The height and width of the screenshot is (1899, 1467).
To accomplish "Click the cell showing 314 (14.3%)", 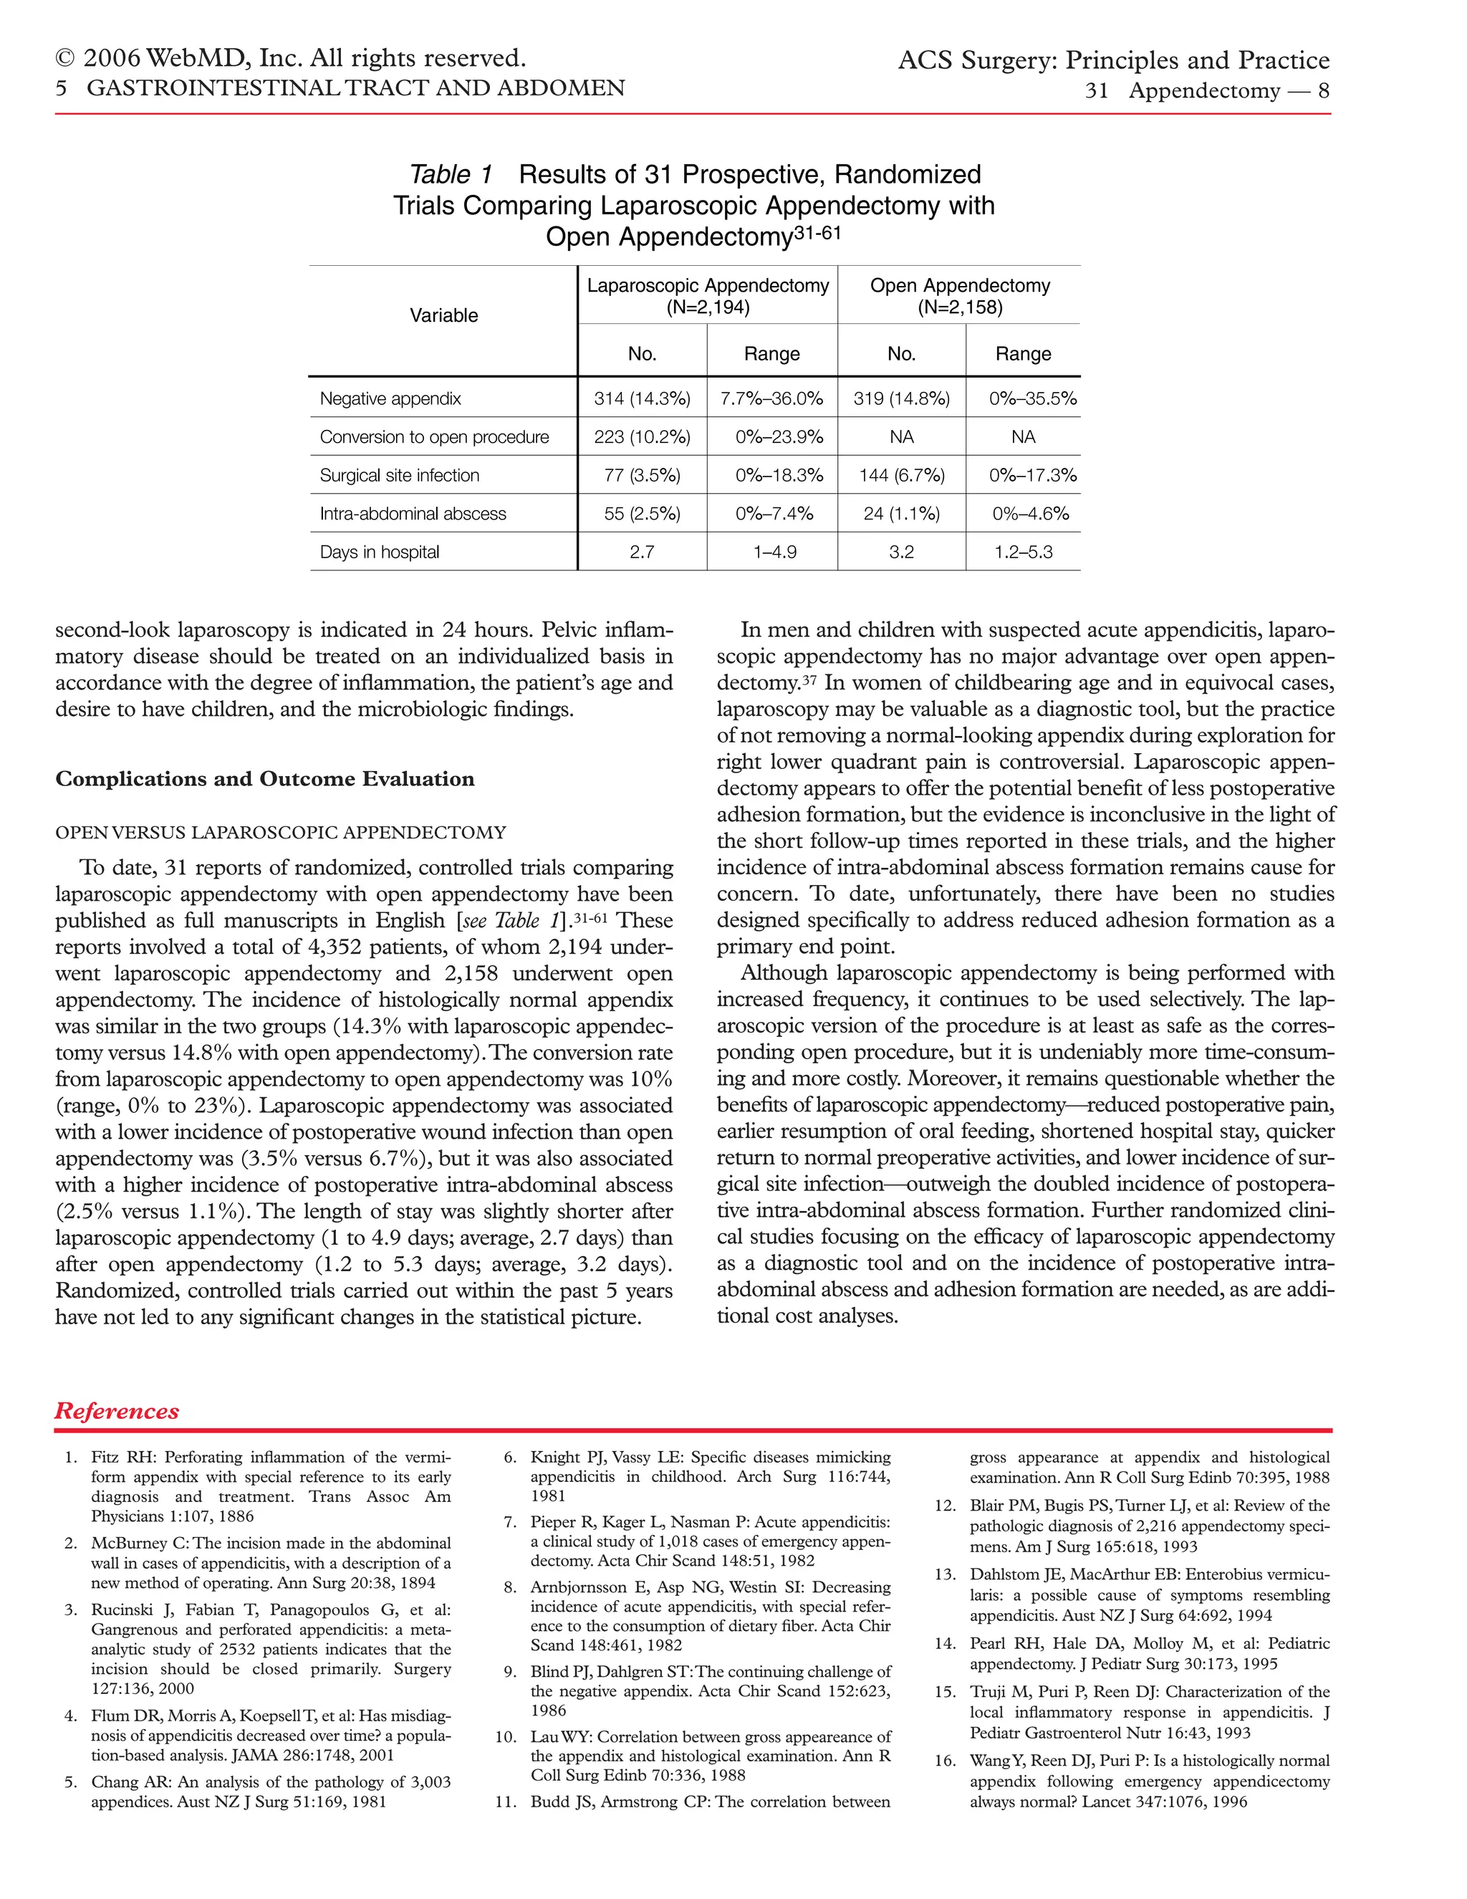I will pos(643,398).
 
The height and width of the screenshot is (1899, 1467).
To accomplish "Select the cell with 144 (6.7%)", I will pos(901,474).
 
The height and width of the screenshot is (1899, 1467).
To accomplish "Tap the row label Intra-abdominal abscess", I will pos(413,513).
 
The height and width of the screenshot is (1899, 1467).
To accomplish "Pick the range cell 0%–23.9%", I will pos(779,436).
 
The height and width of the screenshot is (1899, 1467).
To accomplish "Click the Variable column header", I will pos(443,315).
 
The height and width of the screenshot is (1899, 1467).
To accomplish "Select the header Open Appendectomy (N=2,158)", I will pos(959,296).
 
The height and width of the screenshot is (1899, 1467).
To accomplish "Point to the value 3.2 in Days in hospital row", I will pos(901,551).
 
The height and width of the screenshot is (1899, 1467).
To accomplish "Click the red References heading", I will pos(117,1410).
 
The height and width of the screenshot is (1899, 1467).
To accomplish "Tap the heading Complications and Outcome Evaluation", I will pos(265,779).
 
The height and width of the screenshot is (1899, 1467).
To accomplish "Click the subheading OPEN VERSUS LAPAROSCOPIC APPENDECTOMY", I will pos(280,832).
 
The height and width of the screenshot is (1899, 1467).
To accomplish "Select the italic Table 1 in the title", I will pos(450,174).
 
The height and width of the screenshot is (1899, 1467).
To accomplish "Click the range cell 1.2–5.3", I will pos(1023,551).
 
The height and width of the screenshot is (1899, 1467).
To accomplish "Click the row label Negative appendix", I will pos(390,398).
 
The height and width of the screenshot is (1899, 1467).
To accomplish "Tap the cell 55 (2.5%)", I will pos(643,513).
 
